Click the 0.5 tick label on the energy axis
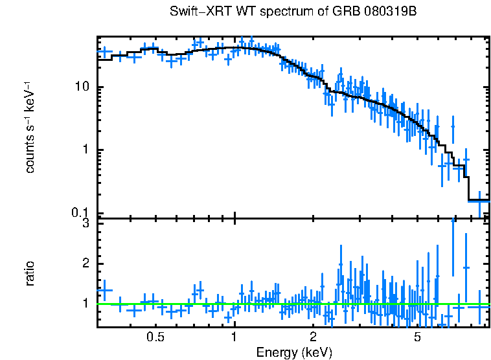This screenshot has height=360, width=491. point(155,337)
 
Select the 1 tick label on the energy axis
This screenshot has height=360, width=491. point(234,337)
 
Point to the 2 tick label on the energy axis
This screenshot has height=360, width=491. point(312,337)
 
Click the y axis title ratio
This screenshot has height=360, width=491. point(30,273)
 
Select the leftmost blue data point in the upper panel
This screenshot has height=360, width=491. point(106,51)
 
